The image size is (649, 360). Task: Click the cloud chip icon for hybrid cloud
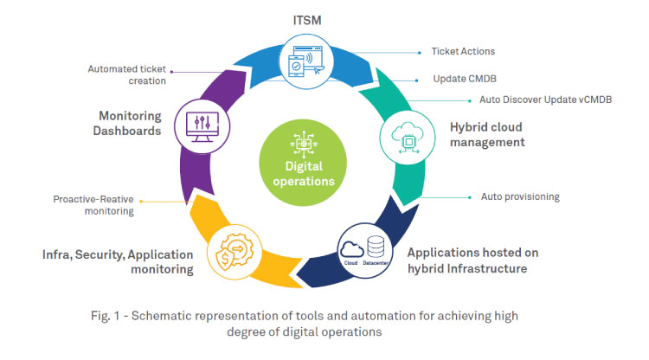click(x=402, y=136)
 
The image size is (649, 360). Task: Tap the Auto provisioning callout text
click(x=520, y=196)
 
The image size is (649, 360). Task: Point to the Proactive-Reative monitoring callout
click(x=92, y=204)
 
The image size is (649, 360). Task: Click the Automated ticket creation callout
click(x=127, y=74)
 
